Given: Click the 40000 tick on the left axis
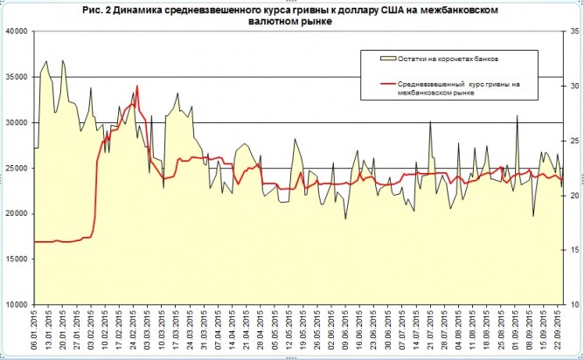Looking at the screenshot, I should pos(16,31).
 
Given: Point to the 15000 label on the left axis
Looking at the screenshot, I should pos(16,260).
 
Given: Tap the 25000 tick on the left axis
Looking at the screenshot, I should pos(16,169).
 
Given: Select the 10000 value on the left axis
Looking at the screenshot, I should pos(16,305).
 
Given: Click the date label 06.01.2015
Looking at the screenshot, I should pos(36,331).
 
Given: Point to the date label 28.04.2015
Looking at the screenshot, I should pos(261,331).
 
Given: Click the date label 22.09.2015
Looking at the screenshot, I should pos(557,331).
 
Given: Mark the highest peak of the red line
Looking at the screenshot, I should pos(137,87).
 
